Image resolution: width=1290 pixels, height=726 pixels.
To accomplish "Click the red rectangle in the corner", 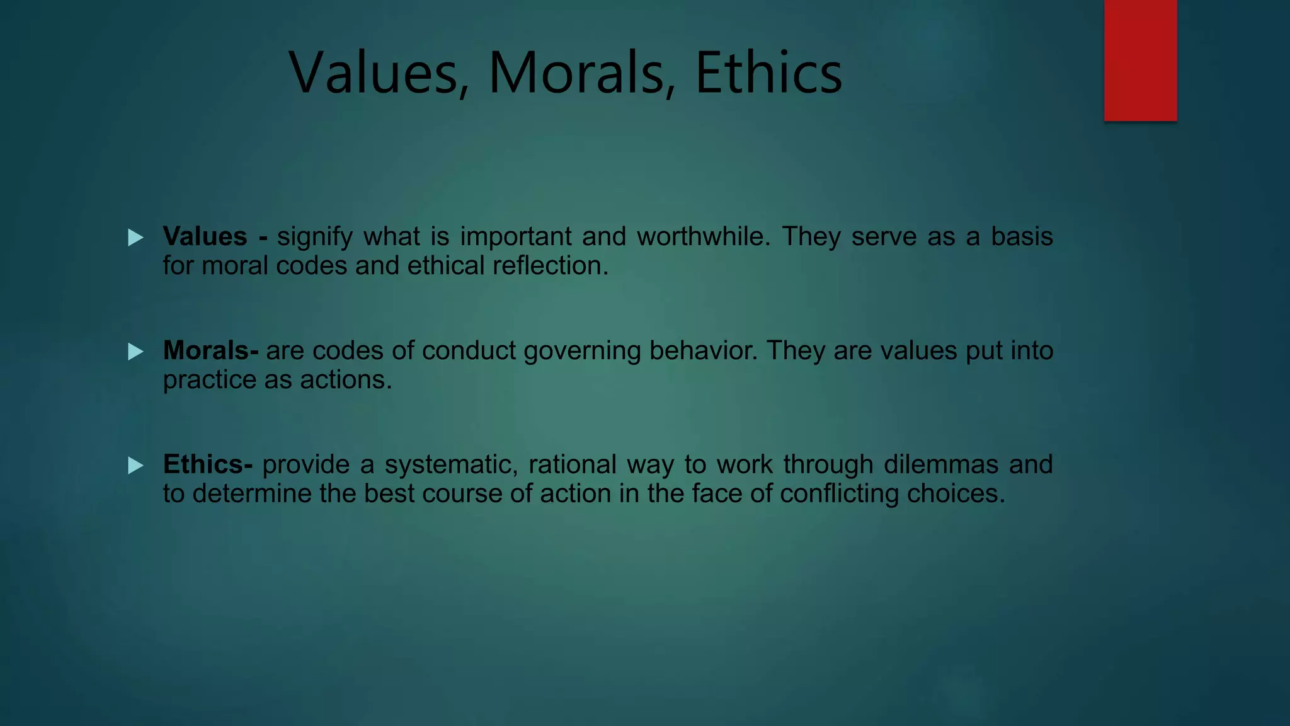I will pyautogui.click(x=1140, y=60).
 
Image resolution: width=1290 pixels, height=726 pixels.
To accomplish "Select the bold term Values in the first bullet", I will pyautogui.click(x=205, y=236).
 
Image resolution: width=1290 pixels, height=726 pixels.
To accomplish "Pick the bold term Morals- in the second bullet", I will pyautogui.click(x=210, y=350).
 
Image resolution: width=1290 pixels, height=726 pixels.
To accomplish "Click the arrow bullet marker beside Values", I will pyautogui.click(x=135, y=238).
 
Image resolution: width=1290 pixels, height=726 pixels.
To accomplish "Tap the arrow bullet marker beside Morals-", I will pyautogui.click(x=135, y=352).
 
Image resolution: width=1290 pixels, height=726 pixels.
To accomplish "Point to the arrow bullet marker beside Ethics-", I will pyautogui.click(x=135, y=466).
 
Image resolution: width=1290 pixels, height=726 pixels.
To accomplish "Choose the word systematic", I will pyautogui.click(x=451, y=465).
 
